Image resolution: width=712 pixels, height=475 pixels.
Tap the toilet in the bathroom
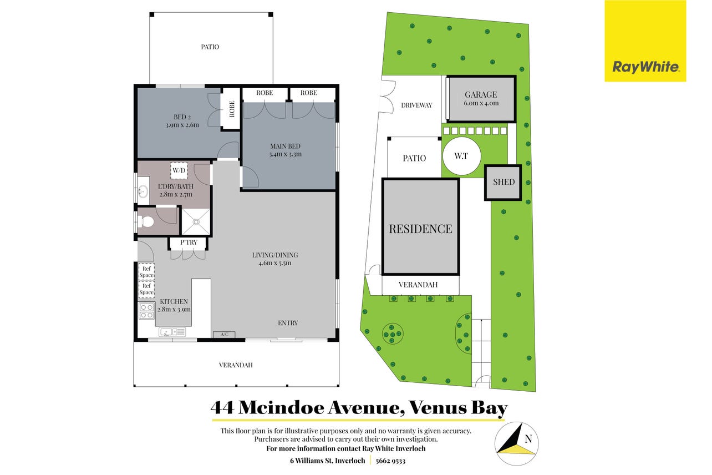click(146, 221)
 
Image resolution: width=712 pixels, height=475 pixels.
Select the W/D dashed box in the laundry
click(179, 170)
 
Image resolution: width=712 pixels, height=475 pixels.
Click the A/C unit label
click(224, 335)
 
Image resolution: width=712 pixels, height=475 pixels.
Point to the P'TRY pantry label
click(189, 242)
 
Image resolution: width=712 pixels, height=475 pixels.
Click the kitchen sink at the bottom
click(172, 332)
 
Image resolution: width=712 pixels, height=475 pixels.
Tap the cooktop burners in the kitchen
click(146, 311)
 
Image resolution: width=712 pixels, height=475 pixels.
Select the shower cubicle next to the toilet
click(196, 222)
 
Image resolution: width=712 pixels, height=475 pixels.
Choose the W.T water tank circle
click(462, 156)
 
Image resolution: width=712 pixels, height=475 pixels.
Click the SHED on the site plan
click(503, 183)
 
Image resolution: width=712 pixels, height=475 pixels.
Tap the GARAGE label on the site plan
click(481, 94)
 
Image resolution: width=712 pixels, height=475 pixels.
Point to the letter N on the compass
click(528, 439)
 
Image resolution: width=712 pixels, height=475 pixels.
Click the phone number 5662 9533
click(390, 461)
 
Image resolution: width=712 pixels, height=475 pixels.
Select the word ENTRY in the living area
click(288, 324)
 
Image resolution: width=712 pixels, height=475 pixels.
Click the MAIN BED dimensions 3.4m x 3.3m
click(286, 154)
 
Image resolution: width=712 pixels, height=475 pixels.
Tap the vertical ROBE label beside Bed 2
click(232, 109)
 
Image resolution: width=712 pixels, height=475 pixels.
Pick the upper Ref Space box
click(146, 272)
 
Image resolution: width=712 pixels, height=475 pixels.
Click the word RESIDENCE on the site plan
click(420, 229)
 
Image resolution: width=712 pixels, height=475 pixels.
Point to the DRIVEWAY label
click(416, 105)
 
